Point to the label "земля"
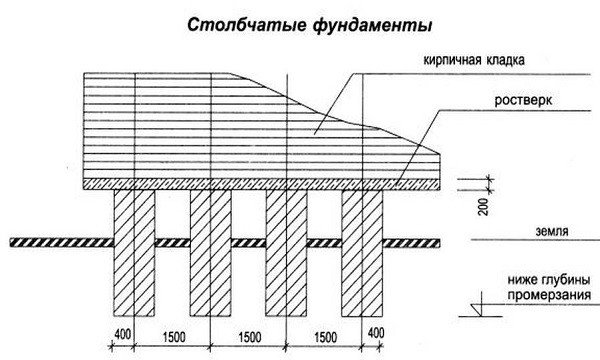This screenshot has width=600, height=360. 550,232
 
